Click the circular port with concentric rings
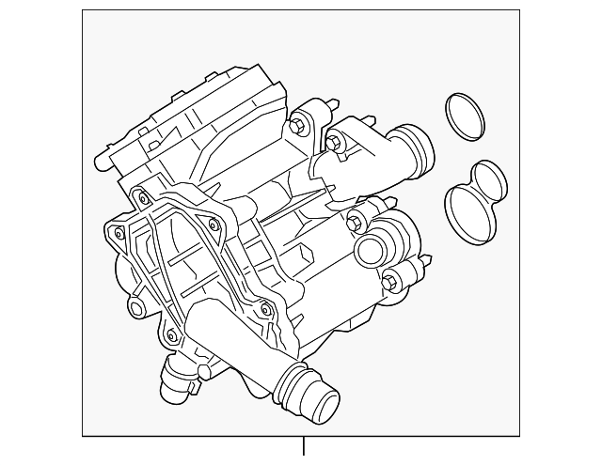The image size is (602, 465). [x=372, y=253]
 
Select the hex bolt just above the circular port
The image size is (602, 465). [x=356, y=222]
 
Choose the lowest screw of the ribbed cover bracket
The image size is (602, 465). [x=169, y=335]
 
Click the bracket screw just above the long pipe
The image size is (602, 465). [x=266, y=311]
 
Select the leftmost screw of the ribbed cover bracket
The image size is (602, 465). [x=117, y=233]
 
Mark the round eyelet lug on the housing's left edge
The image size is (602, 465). [x=137, y=308]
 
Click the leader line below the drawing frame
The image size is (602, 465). [x=303, y=449]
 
